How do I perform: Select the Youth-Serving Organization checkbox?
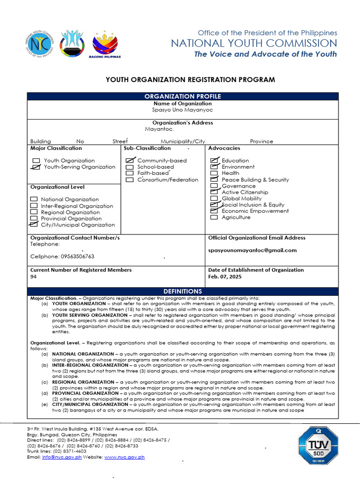(36, 167)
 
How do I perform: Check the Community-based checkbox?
(130, 160)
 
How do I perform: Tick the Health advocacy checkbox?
(214, 173)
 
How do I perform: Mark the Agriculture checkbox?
(214, 217)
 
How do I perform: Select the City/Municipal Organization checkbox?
(34, 225)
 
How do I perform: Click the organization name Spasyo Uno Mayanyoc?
(182, 110)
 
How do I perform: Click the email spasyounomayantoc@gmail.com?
(252, 250)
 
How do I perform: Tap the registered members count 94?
(33, 277)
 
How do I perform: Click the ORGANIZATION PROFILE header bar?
(182, 96)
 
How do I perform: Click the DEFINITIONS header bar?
(182, 291)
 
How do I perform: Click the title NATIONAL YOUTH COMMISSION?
(254, 44)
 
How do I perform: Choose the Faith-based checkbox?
(130, 173)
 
